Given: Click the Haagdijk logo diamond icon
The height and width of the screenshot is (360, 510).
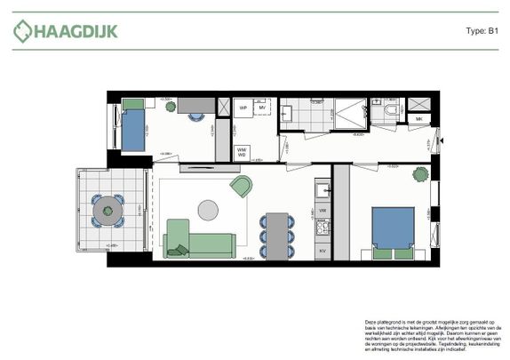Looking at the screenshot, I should pos(22,31).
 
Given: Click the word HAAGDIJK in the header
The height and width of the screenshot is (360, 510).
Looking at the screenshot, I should pos(76,32).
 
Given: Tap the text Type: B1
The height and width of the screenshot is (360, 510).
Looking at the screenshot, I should pos(481,31).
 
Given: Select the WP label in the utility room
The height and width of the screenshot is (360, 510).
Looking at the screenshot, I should pos(242,108).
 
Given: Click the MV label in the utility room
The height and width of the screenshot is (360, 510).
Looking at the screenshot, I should pos(263,108).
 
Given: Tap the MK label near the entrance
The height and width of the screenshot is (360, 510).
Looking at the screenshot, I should pos(419,119).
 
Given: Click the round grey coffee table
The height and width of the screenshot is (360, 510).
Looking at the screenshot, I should pos(208,210).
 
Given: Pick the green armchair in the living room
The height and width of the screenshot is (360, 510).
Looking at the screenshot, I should pos(241,186).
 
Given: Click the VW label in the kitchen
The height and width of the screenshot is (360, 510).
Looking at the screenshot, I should pos(323,210).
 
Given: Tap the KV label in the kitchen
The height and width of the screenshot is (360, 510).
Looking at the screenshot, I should pos(323,252).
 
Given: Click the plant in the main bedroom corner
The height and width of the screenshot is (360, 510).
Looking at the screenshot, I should pos(418,175).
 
